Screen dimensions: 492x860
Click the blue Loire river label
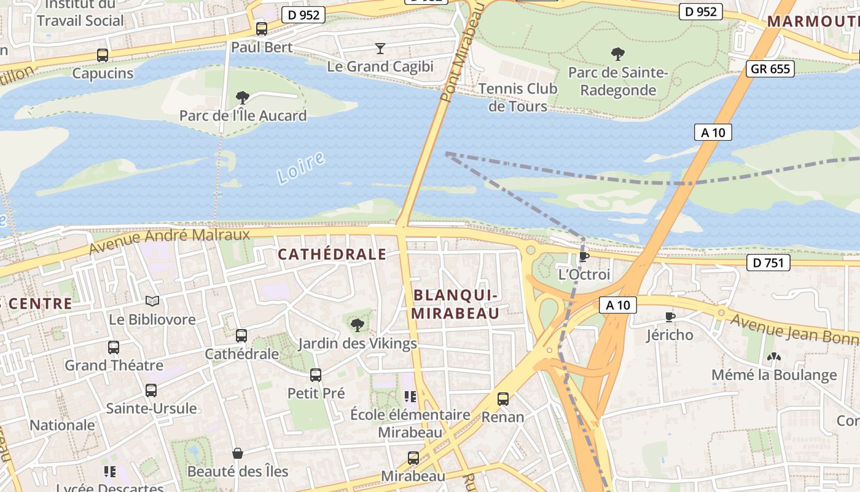[x=300, y=168]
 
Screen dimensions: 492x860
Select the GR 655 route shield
[x=771, y=68]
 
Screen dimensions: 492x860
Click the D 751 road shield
[x=768, y=263]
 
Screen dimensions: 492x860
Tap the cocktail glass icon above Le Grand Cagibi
[x=380, y=48]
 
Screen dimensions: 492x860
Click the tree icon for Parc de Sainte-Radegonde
[x=617, y=54]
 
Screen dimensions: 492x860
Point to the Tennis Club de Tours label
[x=517, y=97]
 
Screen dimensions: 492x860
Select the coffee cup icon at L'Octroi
[x=584, y=256]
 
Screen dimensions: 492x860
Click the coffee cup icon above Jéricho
[x=670, y=317]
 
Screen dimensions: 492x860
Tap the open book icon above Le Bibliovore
[x=152, y=301]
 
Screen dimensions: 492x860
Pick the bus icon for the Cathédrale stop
[x=241, y=336]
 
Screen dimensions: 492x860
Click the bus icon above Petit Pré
[x=316, y=375]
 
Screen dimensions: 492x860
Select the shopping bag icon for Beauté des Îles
[x=238, y=454]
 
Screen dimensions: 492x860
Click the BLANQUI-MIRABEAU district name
[x=455, y=304]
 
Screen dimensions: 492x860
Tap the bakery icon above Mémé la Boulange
[x=773, y=357]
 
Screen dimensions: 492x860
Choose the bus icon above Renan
[x=503, y=399]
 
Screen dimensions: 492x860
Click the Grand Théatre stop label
[x=114, y=365]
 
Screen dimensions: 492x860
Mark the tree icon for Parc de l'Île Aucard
[x=243, y=97]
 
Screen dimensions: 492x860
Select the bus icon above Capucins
[x=103, y=55]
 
